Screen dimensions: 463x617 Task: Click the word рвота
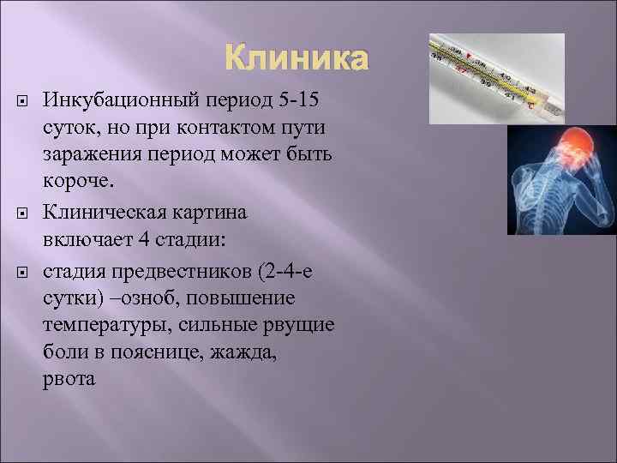(69, 378)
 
